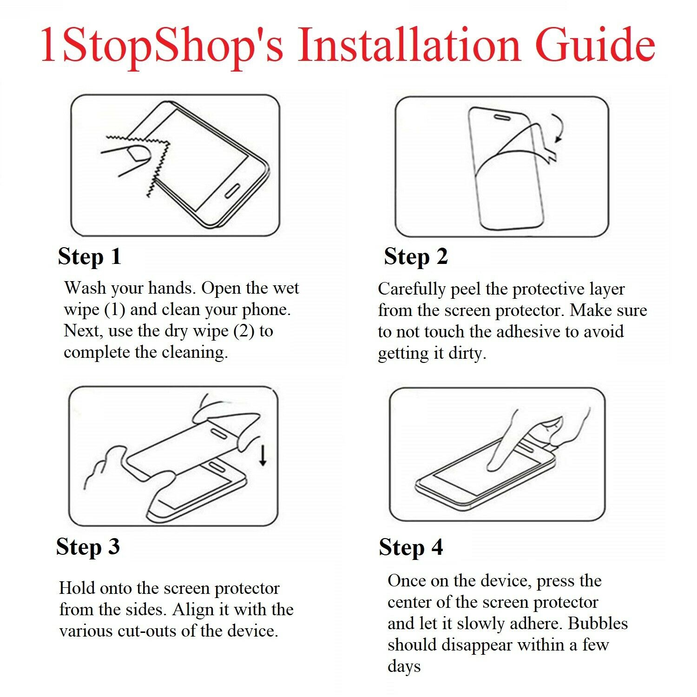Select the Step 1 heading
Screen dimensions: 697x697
point(89,256)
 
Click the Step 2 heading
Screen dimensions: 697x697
point(415,256)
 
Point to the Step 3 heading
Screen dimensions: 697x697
point(88,546)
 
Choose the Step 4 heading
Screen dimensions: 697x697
point(410,547)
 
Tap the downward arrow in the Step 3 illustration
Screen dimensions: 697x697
point(263,455)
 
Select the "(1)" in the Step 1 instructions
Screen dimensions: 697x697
point(115,309)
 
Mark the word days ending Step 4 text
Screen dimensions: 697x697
point(404,666)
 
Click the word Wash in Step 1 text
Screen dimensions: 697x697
point(84,288)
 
